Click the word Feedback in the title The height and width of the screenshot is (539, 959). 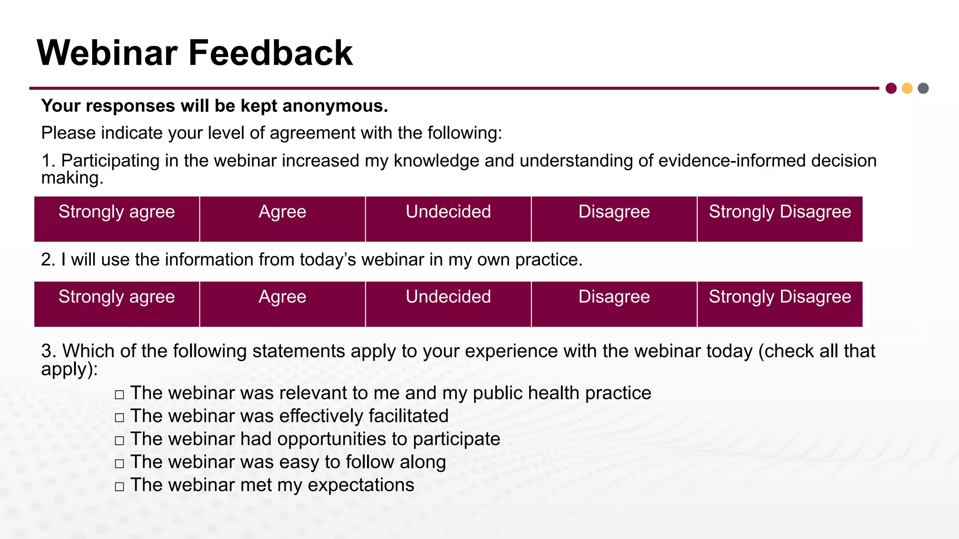[270, 53]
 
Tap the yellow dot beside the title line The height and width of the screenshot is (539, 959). [907, 88]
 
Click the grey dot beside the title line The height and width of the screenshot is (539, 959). [923, 88]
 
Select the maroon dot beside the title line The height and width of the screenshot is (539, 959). [891, 88]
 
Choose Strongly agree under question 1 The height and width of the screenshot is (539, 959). [117, 219]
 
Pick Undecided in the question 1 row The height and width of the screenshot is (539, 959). [448, 219]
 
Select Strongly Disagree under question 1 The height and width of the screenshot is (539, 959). [780, 219]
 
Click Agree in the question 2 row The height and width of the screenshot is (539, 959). [282, 304]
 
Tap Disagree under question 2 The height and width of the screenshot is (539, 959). [614, 304]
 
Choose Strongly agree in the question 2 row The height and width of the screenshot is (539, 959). [117, 304]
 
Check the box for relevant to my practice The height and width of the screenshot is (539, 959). [119, 394]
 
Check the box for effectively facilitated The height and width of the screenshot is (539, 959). [119, 417]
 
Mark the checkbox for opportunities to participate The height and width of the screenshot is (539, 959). [119, 440]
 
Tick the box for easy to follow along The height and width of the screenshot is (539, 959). [119, 463]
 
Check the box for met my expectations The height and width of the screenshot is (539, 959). [119, 486]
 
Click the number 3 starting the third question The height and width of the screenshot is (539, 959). [46, 351]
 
